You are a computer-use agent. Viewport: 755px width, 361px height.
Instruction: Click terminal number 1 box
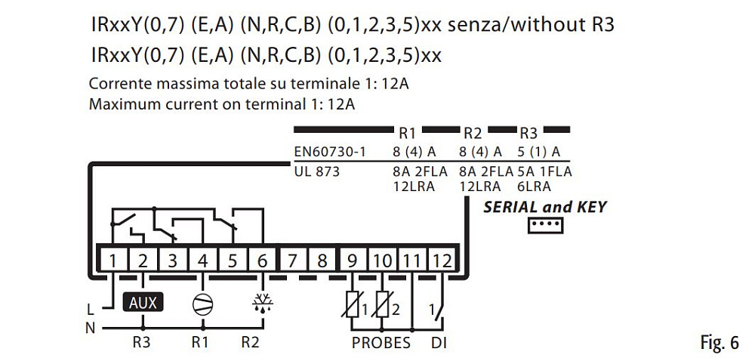(112, 261)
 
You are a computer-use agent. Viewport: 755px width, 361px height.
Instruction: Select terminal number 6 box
(262, 261)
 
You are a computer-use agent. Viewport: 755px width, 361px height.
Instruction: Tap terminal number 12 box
(442, 261)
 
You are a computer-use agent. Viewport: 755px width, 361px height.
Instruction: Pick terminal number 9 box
(353, 261)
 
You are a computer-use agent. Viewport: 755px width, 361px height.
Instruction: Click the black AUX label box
(143, 303)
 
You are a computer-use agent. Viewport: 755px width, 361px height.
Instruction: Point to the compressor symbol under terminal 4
(202, 304)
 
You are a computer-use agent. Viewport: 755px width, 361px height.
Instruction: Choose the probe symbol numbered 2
(383, 308)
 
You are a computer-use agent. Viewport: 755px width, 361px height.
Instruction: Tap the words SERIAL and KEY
(544, 206)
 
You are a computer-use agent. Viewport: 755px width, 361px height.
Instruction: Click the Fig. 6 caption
(720, 344)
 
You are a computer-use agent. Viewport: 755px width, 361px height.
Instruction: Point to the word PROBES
(381, 343)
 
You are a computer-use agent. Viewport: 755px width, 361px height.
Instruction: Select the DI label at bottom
(438, 343)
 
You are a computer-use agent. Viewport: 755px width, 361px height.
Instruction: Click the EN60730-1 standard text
(329, 152)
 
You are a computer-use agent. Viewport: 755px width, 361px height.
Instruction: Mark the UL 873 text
(317, 171)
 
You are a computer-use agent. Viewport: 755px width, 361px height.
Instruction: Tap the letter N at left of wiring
(91, 327)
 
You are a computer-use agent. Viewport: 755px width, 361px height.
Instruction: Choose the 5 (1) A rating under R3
(539, 152)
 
